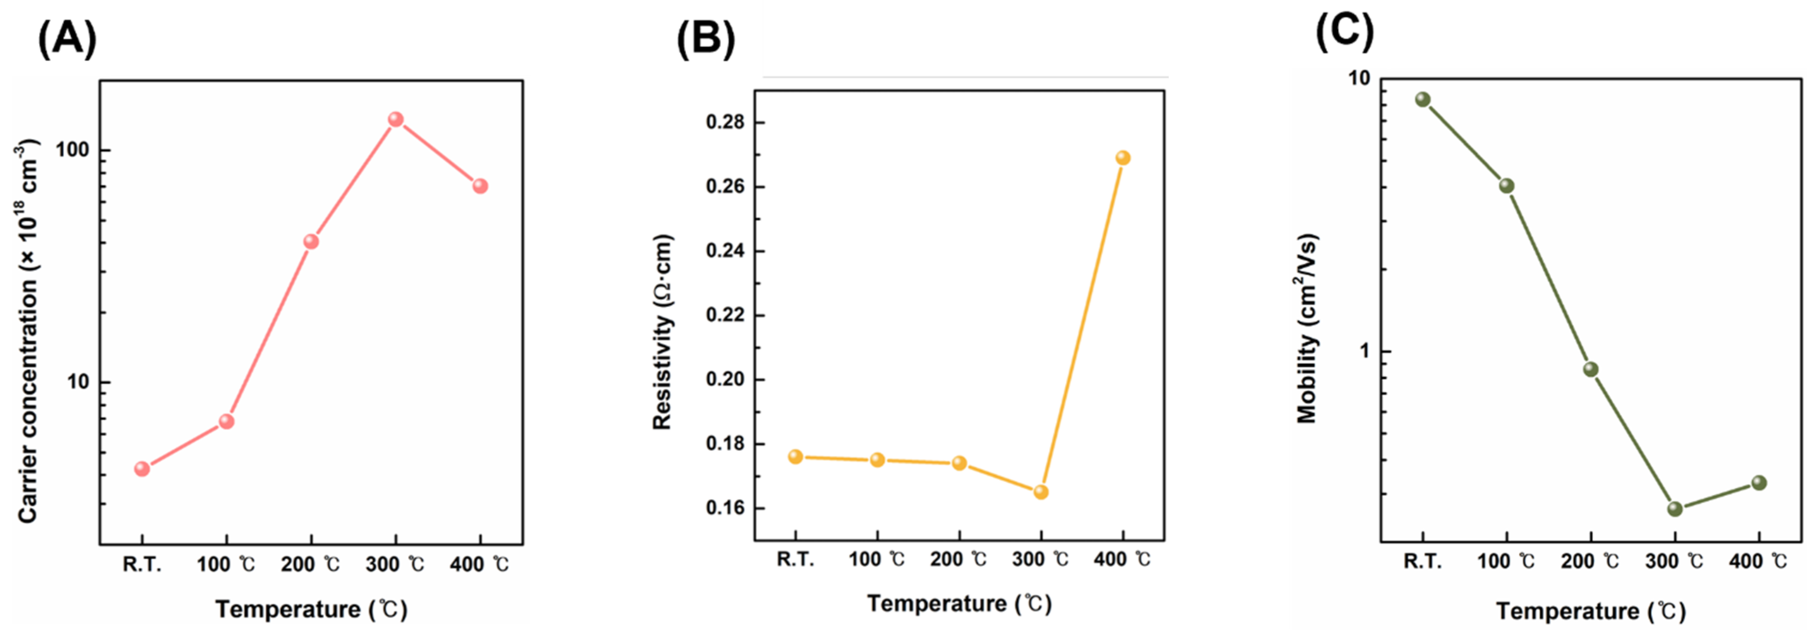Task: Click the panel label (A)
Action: pos(67,40)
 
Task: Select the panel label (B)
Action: pos(705,40)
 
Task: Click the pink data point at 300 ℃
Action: pos(396,119)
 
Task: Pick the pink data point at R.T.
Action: pos(142,468)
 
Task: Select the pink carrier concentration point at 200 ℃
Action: pos(311,242)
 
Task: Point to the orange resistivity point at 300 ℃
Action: pos(1041,492)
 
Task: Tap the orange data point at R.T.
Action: pos(796,457)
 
